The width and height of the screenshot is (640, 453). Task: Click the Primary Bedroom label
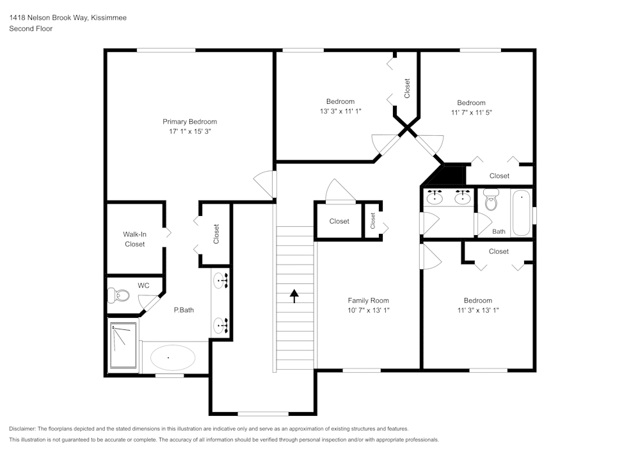pyautogui.click(x=189, y=122)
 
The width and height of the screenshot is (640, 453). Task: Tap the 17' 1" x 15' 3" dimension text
pyautogui.click(x=189, y=131)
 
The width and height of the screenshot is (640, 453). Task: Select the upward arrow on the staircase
pyautogui.click(x=294, y=295)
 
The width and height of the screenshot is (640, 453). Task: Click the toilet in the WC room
pyautogui.click(x=118, y=295)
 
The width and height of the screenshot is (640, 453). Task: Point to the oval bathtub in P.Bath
pyautogui.click(x=169, y=357)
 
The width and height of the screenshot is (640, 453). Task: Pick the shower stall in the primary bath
pyautogui.click(x=123, y=346)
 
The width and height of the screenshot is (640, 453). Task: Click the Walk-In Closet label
pyautogui.click(x=134, y=239)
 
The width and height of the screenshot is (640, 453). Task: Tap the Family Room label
pyautogui.click(x=368, y=301)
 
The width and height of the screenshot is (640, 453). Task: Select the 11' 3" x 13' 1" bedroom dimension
pyautogui.click(x=477, y=310)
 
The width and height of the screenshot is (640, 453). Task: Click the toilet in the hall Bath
pyautogui.click(x=492, y=202)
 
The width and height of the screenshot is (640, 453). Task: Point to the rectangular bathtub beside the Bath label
pyautogui.click(x=522, y=213)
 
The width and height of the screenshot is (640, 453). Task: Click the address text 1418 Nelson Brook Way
pyautogui.click(x=67, y=18)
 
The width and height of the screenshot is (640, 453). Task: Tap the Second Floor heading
pyautogui.click(x=31, y=29)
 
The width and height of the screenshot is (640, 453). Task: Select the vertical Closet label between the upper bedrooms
pyautogui.click(x=407, y=88)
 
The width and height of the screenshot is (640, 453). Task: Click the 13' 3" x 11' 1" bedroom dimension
pyautogui.click(x=340, y=111)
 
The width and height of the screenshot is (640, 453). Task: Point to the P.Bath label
pyautogui.click(x=184, y=310)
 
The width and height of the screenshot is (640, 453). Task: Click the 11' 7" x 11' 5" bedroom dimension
pyautogui.click(x=471, y=112)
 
